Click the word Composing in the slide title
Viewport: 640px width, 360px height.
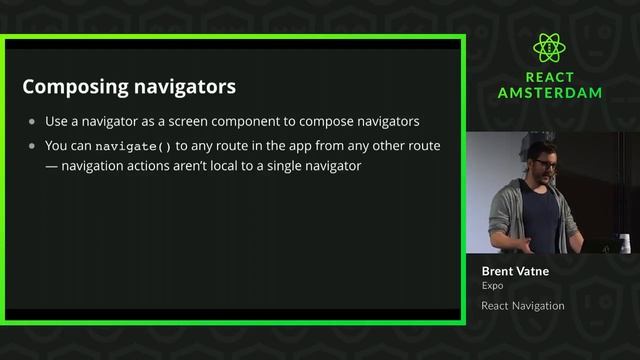point(73,87)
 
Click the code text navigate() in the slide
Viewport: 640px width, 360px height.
point(140,146)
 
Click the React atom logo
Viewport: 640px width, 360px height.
point(550,47)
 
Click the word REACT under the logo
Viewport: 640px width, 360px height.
point(550,76)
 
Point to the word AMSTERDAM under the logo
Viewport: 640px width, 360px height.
point(550,93)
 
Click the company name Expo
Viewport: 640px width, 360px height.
point(491,286)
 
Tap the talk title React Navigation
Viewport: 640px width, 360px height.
point(522,306)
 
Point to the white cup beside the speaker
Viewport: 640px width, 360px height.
point(624,241)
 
